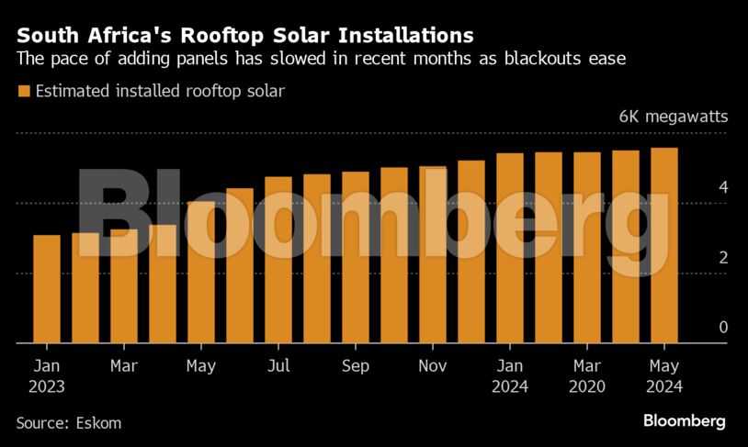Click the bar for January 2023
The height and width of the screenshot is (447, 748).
point(47,289)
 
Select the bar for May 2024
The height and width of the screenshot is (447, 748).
point(664,246)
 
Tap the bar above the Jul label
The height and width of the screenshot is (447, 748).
point(278,260)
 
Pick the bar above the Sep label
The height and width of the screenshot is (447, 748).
point(356,258)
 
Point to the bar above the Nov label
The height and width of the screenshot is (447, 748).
point(433,255)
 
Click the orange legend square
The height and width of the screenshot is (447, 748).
point(23,91)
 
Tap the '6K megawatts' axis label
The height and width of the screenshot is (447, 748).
point(673,117)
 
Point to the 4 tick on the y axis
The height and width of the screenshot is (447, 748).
point(723,187)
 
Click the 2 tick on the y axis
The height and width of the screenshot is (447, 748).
point(723,258)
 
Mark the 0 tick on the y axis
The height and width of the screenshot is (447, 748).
point(723,328)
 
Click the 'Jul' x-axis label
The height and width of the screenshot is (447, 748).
point(278,366)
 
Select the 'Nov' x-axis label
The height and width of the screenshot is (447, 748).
point(433,366)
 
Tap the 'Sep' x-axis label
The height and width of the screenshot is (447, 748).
point(356,366)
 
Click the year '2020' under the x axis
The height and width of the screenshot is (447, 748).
point(587,387)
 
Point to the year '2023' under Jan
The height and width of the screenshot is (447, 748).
point(47,387)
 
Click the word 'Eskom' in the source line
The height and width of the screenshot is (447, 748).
point(98,423)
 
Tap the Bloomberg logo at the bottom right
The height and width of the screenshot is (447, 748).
point(683,421)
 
